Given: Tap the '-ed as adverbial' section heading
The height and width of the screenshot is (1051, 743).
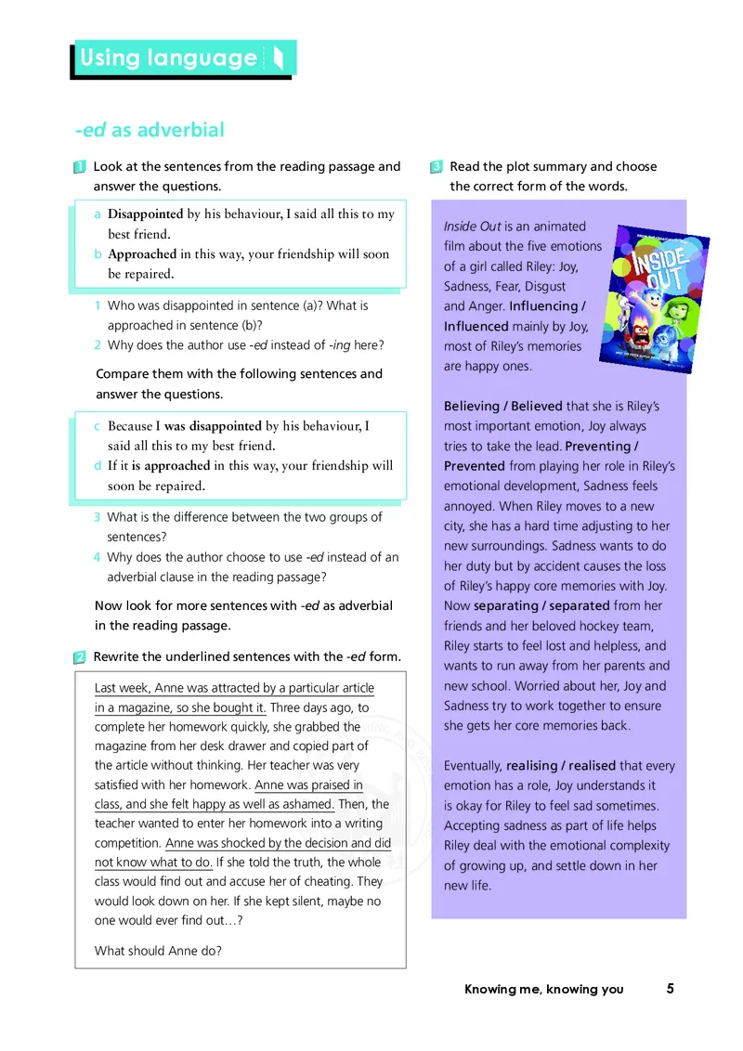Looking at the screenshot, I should pos(150,130).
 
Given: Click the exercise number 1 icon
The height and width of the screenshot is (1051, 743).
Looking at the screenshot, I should pos(79,167).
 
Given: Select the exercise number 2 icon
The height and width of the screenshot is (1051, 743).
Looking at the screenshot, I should pos(79,657).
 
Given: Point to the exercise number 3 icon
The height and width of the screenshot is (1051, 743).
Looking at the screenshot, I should pos(436,167).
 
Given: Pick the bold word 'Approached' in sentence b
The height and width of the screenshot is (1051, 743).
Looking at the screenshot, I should pos(142,254).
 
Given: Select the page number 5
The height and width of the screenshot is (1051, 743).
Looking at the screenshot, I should pos(670,989).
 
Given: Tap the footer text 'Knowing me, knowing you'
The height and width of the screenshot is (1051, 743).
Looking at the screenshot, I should pos(544,990).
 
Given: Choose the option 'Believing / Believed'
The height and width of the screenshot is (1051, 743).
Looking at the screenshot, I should pos(502,407).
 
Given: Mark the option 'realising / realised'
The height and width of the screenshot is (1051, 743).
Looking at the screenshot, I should pos(560,766).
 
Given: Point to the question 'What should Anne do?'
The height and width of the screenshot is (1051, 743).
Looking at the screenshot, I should pos(158,951).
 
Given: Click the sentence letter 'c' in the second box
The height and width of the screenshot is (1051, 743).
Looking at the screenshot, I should pos(98,427).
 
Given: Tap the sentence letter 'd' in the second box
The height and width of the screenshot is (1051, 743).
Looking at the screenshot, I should pos(98,466).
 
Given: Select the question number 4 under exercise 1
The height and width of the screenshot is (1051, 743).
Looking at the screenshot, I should pos(98,558).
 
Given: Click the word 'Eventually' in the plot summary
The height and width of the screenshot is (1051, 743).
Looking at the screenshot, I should pos(473,766).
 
